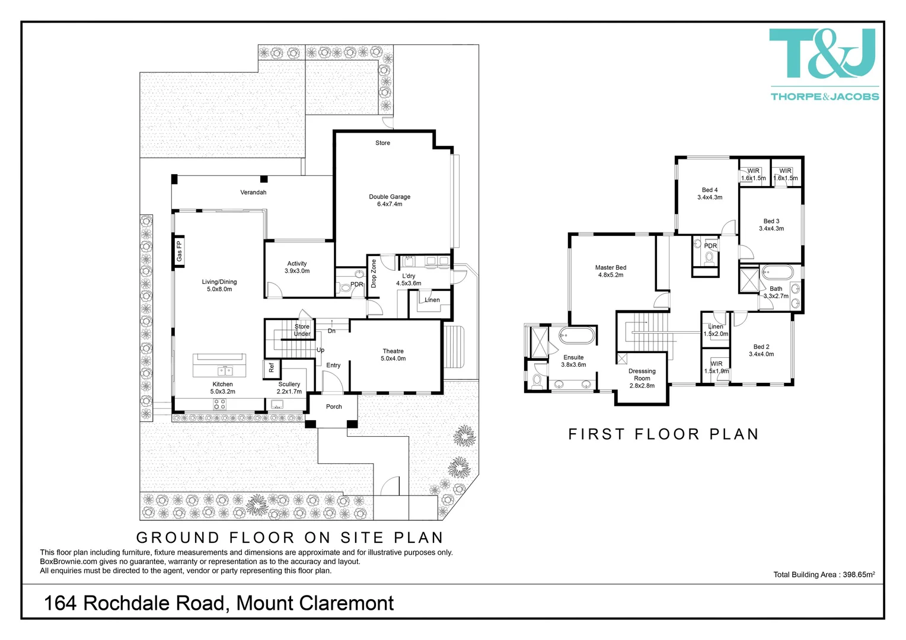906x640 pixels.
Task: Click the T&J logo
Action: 823,55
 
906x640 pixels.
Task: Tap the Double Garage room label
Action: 390,200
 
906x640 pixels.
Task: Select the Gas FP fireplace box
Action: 178,251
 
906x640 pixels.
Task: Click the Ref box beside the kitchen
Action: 272,367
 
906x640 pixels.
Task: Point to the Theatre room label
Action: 393,355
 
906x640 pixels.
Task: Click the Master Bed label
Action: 610,271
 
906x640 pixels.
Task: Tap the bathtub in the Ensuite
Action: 576,336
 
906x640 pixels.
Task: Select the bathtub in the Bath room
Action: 777,273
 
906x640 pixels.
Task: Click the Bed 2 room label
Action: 761,350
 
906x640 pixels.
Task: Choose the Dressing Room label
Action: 642,378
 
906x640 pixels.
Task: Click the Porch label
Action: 334,407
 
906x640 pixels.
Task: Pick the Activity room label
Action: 297,267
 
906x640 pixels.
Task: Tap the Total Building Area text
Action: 824,574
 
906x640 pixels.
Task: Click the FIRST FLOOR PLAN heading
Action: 663,434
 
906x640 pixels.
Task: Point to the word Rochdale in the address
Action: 154,603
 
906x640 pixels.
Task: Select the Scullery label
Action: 289,388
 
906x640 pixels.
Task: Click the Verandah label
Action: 253,193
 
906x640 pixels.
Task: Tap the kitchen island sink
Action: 225,372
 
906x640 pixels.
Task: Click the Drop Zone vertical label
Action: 374,273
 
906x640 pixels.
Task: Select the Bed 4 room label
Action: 709,194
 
